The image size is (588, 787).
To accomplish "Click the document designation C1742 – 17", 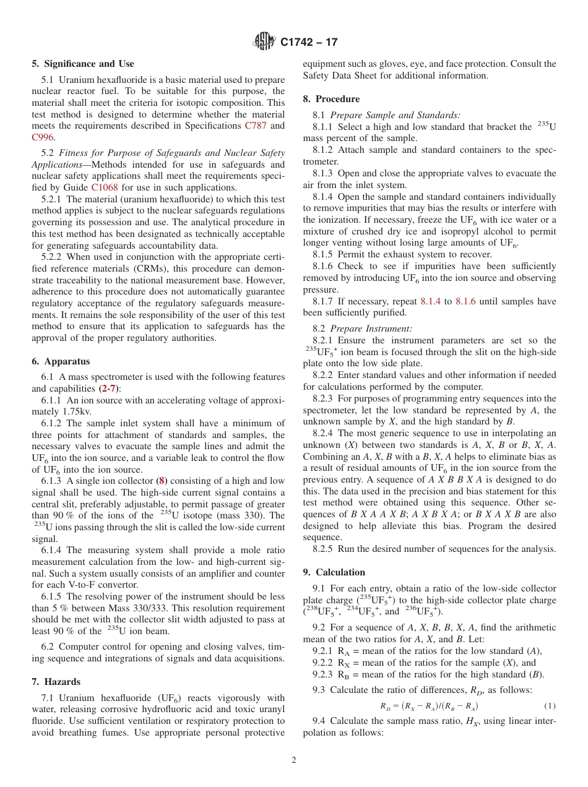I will coord(309,43).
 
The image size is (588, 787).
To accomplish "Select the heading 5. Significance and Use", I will coord(83,64).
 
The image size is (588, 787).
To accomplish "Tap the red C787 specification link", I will coord(256,126).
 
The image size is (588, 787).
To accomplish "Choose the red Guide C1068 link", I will coord(104,187).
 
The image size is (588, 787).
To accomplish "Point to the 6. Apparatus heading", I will coord(61,361).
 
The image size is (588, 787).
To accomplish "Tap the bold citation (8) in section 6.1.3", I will coord(161,481).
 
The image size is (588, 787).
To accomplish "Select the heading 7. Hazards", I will coord(56,682).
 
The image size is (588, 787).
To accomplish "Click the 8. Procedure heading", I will coord(331,99).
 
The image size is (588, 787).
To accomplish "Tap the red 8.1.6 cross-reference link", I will coord(465,301).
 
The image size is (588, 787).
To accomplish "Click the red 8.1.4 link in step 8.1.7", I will coord(430,301).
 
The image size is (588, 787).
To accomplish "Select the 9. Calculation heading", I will coord(334,572).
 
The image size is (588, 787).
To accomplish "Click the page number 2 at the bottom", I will coord(294,760).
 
